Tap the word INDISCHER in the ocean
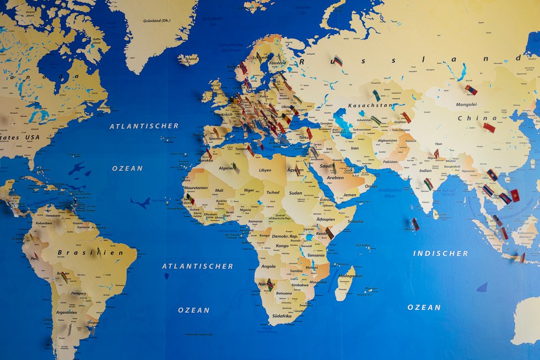(441, 254)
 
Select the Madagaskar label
(350, 276)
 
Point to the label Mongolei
(467, 104)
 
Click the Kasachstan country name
(370, 105)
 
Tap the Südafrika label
(283, 316)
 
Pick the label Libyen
(265, 170)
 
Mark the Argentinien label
(66, 312)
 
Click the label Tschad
(273, 193)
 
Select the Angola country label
(268, 266)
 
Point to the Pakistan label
(390, 162)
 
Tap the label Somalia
(355, 221)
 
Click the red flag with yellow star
(515, 195)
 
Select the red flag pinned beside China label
(489, 128)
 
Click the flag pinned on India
(428, 184)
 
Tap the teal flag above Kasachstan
(376, 95)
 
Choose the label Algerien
(226, 168)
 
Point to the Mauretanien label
(195, 188)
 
